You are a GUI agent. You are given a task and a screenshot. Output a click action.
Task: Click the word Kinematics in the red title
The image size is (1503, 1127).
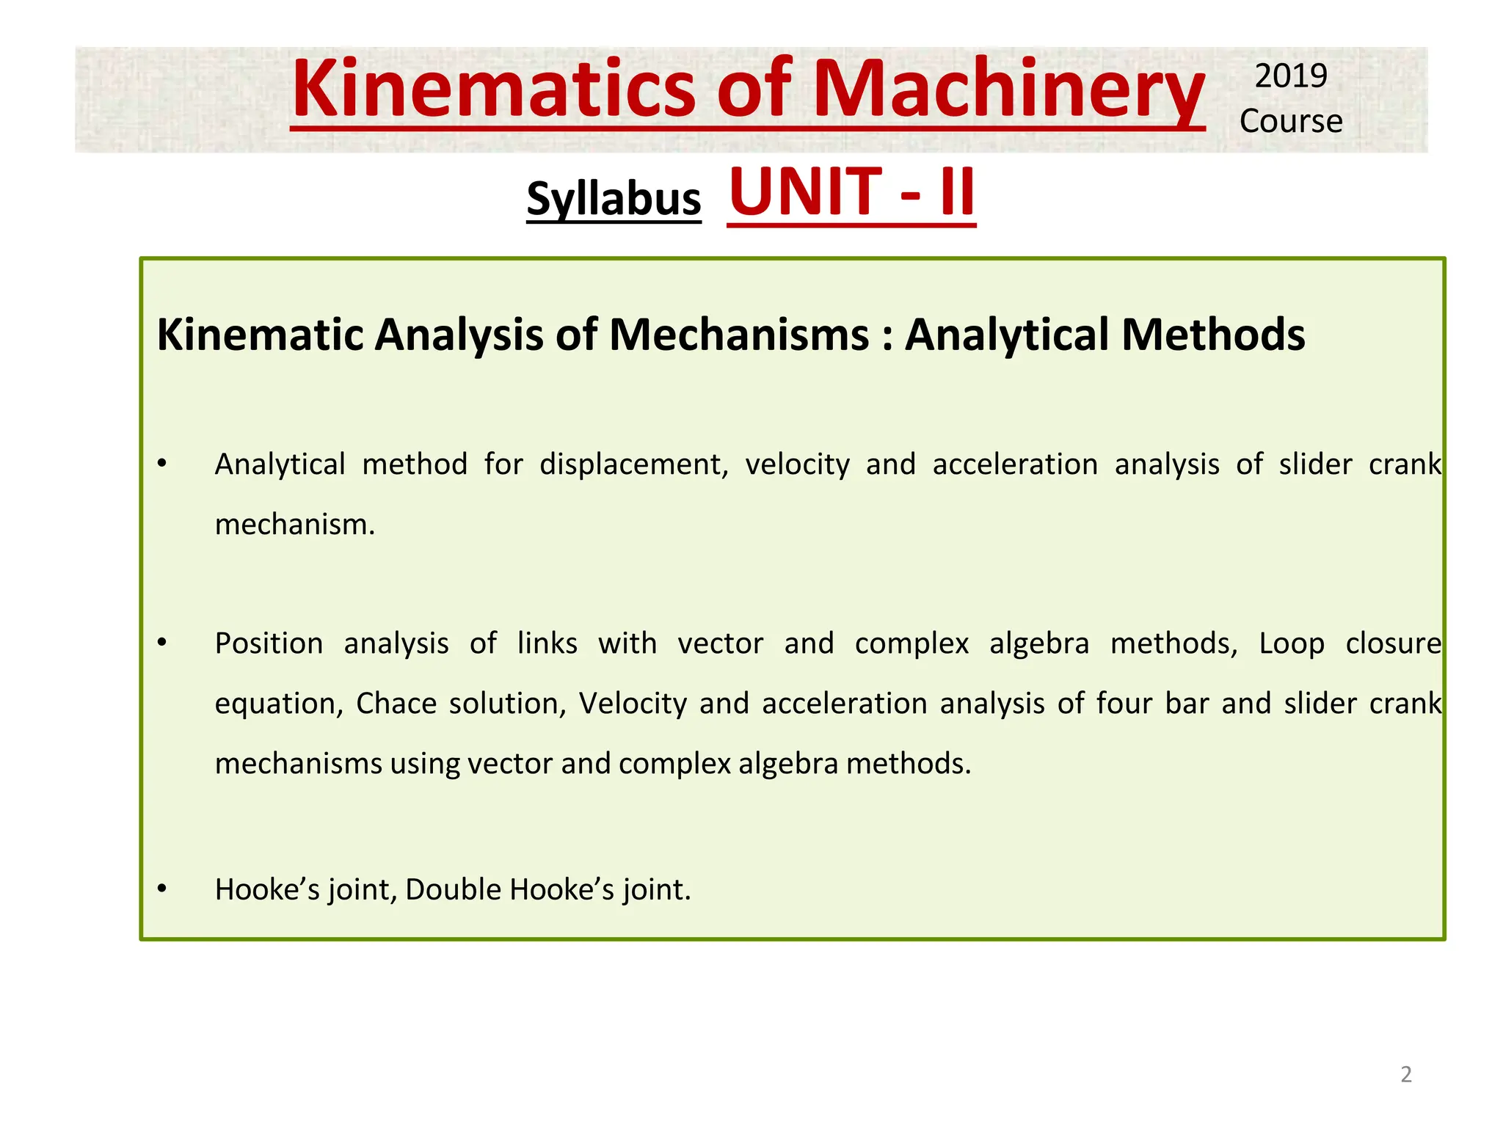tap(493, 89)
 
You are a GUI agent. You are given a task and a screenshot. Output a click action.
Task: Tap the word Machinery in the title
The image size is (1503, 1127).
tap(1008, 89)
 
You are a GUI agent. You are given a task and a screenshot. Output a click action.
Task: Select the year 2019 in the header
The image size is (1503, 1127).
tap(1291, 76)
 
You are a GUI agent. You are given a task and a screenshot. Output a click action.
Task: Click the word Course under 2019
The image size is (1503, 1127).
tap(1291, 121)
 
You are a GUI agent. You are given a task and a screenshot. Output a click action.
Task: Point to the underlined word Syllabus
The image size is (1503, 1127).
tap(614, 199)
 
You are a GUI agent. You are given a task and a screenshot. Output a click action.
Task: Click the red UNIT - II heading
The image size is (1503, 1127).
tap(851, 192)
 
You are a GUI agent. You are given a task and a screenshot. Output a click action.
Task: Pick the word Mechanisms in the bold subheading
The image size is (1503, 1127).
tap(739, 335)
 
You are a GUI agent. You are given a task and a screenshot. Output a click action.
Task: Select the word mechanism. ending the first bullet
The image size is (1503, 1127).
tap(295, 525)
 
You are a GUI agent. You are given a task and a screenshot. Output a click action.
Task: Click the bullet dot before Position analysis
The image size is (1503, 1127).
tap(162, 643)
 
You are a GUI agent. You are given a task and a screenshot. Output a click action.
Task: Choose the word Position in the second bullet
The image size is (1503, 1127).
tap(269, 643)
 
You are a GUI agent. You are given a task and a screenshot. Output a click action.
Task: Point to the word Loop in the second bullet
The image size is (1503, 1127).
tap(1292, 643)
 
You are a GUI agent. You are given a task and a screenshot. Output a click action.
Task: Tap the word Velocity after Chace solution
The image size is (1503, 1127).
tap(632, 704)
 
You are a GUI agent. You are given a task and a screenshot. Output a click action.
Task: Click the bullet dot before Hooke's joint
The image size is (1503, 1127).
tap(162, 889)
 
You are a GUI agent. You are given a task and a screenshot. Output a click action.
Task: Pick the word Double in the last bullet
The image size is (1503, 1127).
tap(453, 889)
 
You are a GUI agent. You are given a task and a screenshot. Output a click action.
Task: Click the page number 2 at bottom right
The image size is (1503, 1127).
tap(1405, 1074)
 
